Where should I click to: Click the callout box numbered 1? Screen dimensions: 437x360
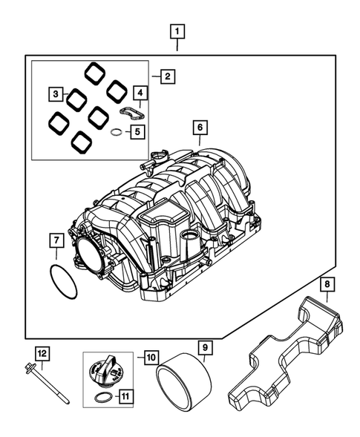[177, 32]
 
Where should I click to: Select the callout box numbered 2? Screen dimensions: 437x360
[168, 76]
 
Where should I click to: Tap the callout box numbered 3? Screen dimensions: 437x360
[56, 94]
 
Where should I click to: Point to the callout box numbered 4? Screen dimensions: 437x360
[139, 93]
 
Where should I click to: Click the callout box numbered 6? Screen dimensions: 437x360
[199, 128]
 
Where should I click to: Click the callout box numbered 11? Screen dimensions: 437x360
[128, 396]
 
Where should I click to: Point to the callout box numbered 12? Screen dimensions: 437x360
[42, 354]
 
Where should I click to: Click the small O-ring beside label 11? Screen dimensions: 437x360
[105, 399]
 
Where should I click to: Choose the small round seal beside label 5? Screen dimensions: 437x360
[116, 134]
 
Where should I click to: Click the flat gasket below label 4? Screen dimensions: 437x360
[132, 114]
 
